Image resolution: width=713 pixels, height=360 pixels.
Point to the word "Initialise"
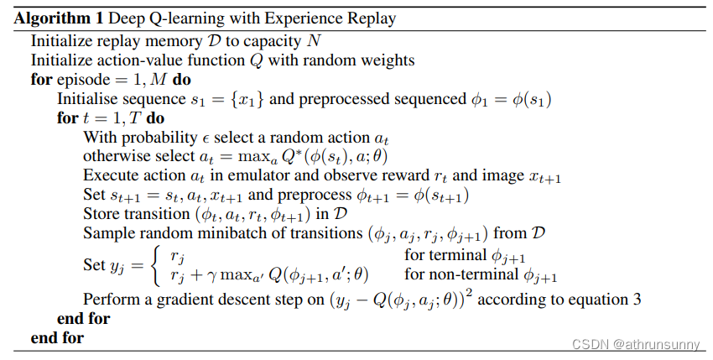(x=88, y=99)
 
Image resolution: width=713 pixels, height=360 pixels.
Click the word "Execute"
(x=108, y=176)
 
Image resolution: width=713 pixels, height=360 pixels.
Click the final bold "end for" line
(x=57, y=338)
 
